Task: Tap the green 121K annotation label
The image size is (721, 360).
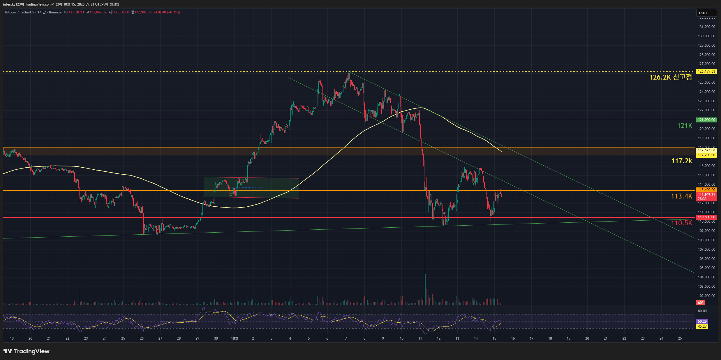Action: pyautogui.click(x=684, y=126)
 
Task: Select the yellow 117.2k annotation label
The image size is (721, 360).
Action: pyautogui.click(x=681, y=161)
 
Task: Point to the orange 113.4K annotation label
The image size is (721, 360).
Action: pyautogui.click(x=681, y=196)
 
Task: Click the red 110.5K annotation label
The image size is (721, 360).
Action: pyautogui.click(x=681, y=223)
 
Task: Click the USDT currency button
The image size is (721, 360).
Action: pyautogui.click(x=706, y=13)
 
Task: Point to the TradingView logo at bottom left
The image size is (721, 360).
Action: pyautogui.click(x=27, y=351)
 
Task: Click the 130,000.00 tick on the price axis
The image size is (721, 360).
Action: pyautogui.click(x=706, y=36)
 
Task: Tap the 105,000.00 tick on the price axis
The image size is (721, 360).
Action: pyautogui.click(x=706, y=268)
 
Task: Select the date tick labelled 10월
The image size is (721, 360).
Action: pyautogui.click(x=235, y=338)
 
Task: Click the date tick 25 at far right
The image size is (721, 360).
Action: pyautogui.click(x=680, y=338)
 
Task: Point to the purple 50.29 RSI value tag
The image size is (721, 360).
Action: pyautogui.click(x=702, y=322)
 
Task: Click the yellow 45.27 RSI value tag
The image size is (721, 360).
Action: pyautogui.click(x=702, y=326)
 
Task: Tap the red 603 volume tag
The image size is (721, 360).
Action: pyautogui.click(x=701, y=303)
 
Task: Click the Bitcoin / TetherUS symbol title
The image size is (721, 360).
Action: pyautogui.click(x=19, y=12)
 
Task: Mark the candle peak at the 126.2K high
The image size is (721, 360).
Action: pyautogui.click(x=348, y=73)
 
